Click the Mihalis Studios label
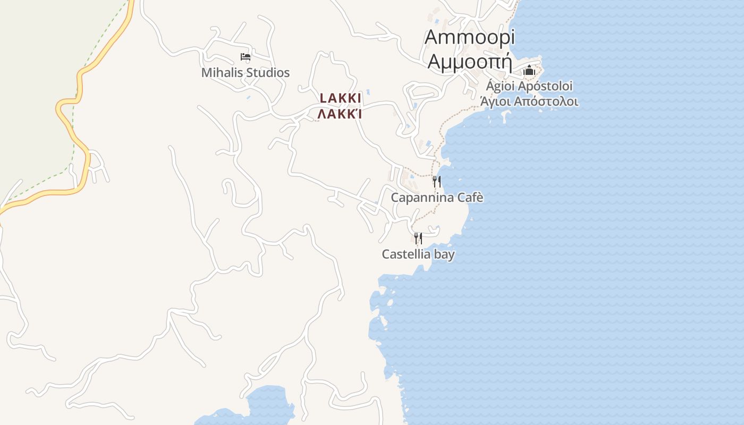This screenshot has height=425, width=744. click(x=245, y=73)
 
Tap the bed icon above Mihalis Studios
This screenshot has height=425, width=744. click(x=245, y=56)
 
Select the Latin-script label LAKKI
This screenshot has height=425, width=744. click(x=341, y=98)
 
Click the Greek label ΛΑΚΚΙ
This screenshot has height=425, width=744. click(x=340, y=114)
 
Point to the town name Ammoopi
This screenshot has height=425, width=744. click(x=470, y=37)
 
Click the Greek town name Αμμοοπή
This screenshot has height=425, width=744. click(x=470, y=62)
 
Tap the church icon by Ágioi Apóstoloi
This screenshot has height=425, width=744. click(x=529, y=70)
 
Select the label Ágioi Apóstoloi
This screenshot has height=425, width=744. click(x=529, y=86)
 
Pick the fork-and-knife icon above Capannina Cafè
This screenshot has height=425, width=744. click(x=436, y=182)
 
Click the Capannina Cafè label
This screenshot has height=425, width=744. click(x=437, y=198)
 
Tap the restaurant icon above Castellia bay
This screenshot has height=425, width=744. click(x=418, y=238)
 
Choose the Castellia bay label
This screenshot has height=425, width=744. click(x=418, y=254)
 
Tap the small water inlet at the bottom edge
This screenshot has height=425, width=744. click(x=260, y=406)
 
